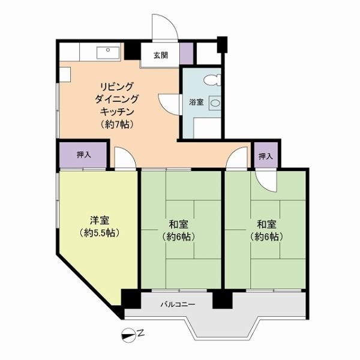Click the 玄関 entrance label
pos(161,55)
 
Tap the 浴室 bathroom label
pos(196,102)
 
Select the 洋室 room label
pos(100,220)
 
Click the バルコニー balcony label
pos(178,304)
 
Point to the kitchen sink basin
pos(108,53)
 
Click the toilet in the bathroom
pos(212,80)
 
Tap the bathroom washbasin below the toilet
pos(215,103)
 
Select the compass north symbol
pos(128,335)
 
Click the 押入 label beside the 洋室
pos(84,155)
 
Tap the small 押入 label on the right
pos(266,157)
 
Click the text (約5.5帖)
pos(100,233)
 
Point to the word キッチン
pos(117,112)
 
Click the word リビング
pos(116,87)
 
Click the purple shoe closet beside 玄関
pos(187,53)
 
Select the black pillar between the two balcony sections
pos(223,300)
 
